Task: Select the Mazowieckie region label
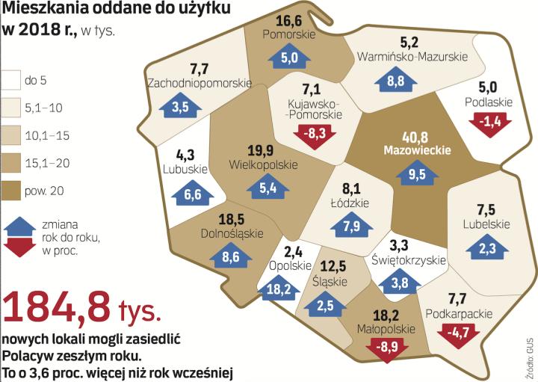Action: tap(417, 150)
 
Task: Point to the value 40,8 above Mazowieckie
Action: tap(415, 136)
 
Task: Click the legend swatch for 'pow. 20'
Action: tap(11, 191)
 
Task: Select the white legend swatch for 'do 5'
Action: tap(11, 79)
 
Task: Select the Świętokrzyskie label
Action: tap(408, 260)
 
